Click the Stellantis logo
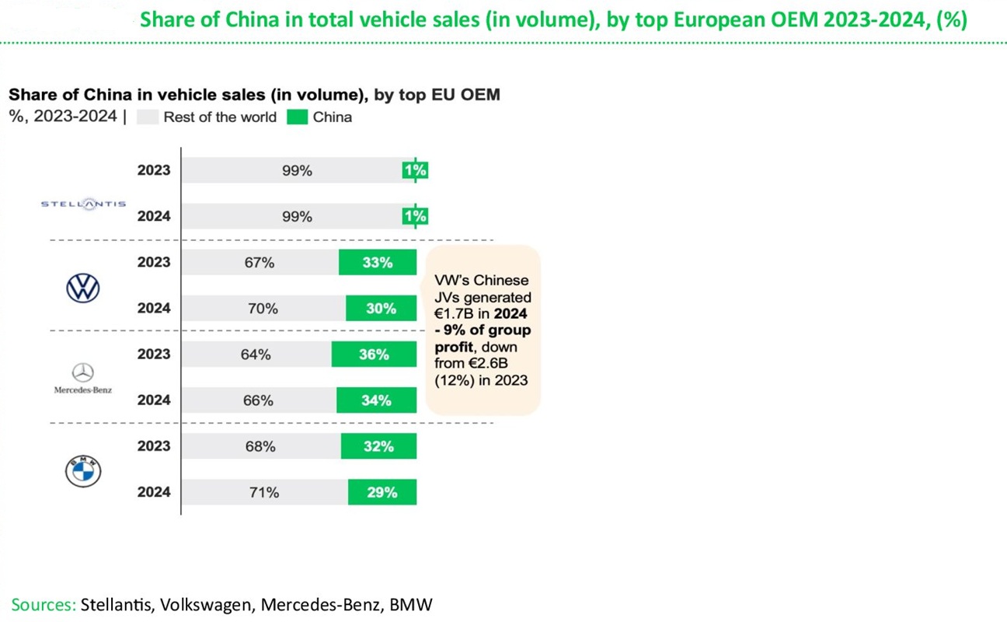tap(82, 204)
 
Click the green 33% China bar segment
tap(378, 263)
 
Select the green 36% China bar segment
tap(374, 355)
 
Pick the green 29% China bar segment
tap(382, 492)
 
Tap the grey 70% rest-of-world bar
tap(264, 309)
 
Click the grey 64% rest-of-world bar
tap(257, 355)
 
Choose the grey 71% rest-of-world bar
tap(265, 492)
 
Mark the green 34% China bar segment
tap(376, 400)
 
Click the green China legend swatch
tap(299, 117)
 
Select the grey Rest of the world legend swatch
tap(148, 117)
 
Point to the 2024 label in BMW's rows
tap(154, 492)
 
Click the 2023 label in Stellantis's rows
tap(154, 170)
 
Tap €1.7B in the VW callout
tap(452, 315)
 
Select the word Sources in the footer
tap(43, 605)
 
